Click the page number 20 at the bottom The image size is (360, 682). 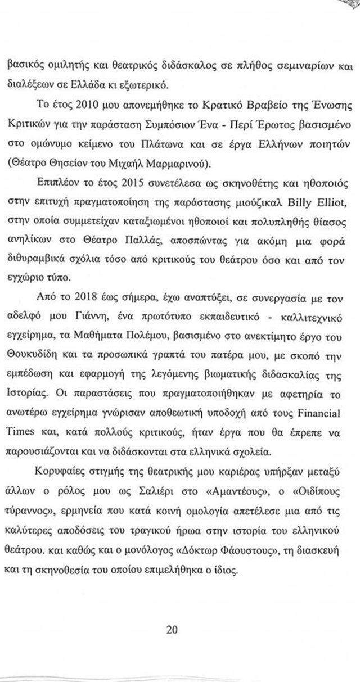pos(172,630)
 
